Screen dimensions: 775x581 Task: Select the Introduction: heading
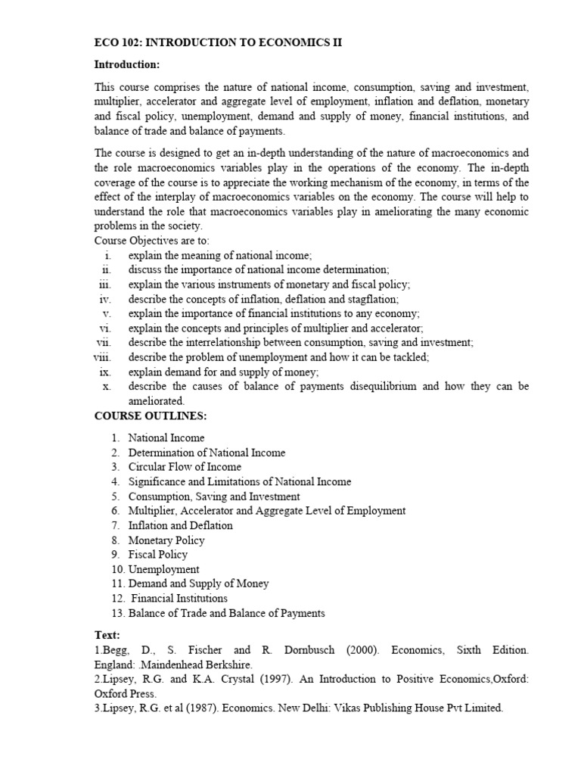coord(126,64)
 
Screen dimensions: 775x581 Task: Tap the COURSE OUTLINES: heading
coord(150,416)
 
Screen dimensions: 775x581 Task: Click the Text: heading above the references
coord(107,634)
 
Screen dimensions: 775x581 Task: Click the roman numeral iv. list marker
coord(106,299)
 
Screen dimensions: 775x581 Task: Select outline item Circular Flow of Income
coord(185,467)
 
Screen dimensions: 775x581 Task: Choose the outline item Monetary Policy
coord(166,540)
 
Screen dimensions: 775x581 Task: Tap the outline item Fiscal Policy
coord(157,555)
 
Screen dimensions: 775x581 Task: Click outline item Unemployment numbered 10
coord(163,569)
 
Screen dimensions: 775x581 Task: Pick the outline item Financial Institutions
coord(178,598)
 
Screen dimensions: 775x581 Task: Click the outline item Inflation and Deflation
coord(180,525)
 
